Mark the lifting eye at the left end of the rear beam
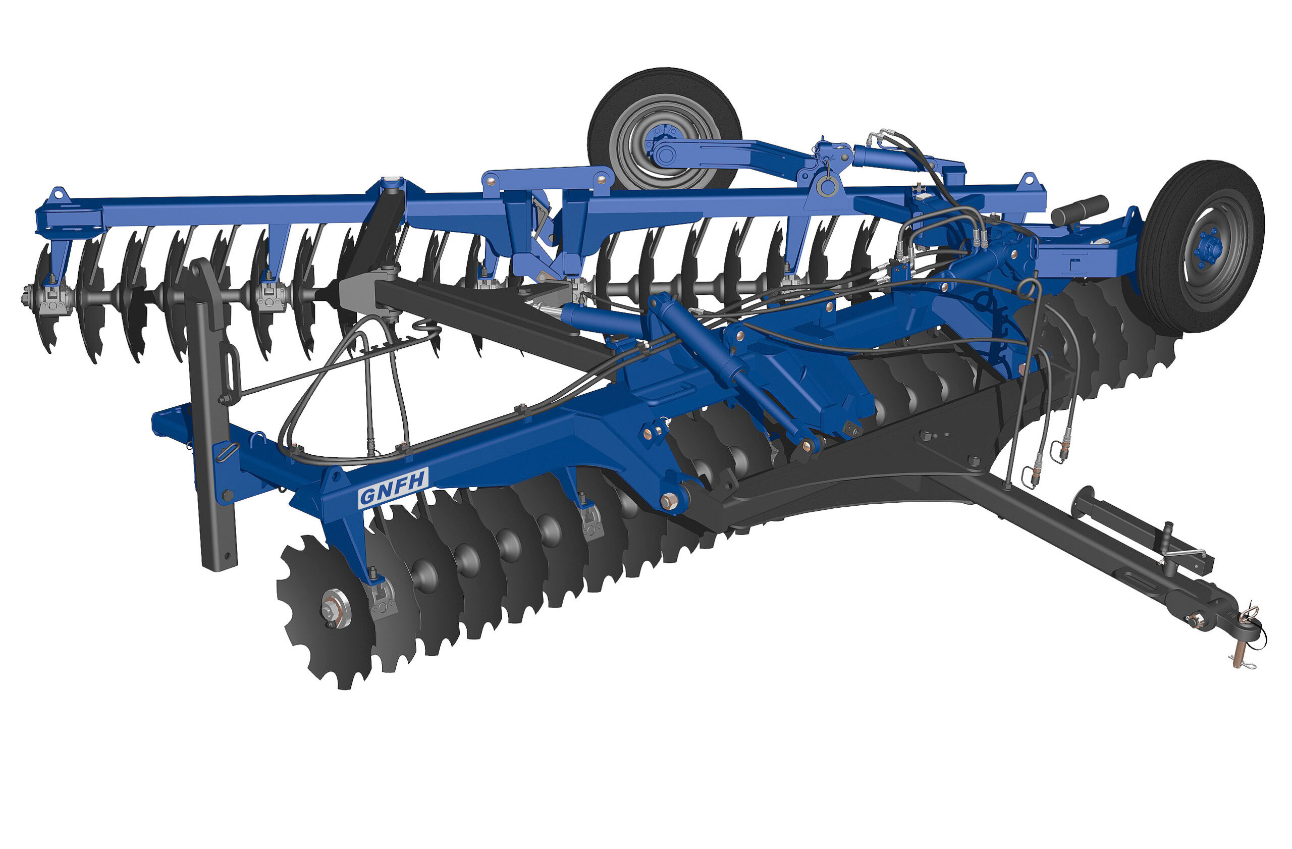pos(58,194)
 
